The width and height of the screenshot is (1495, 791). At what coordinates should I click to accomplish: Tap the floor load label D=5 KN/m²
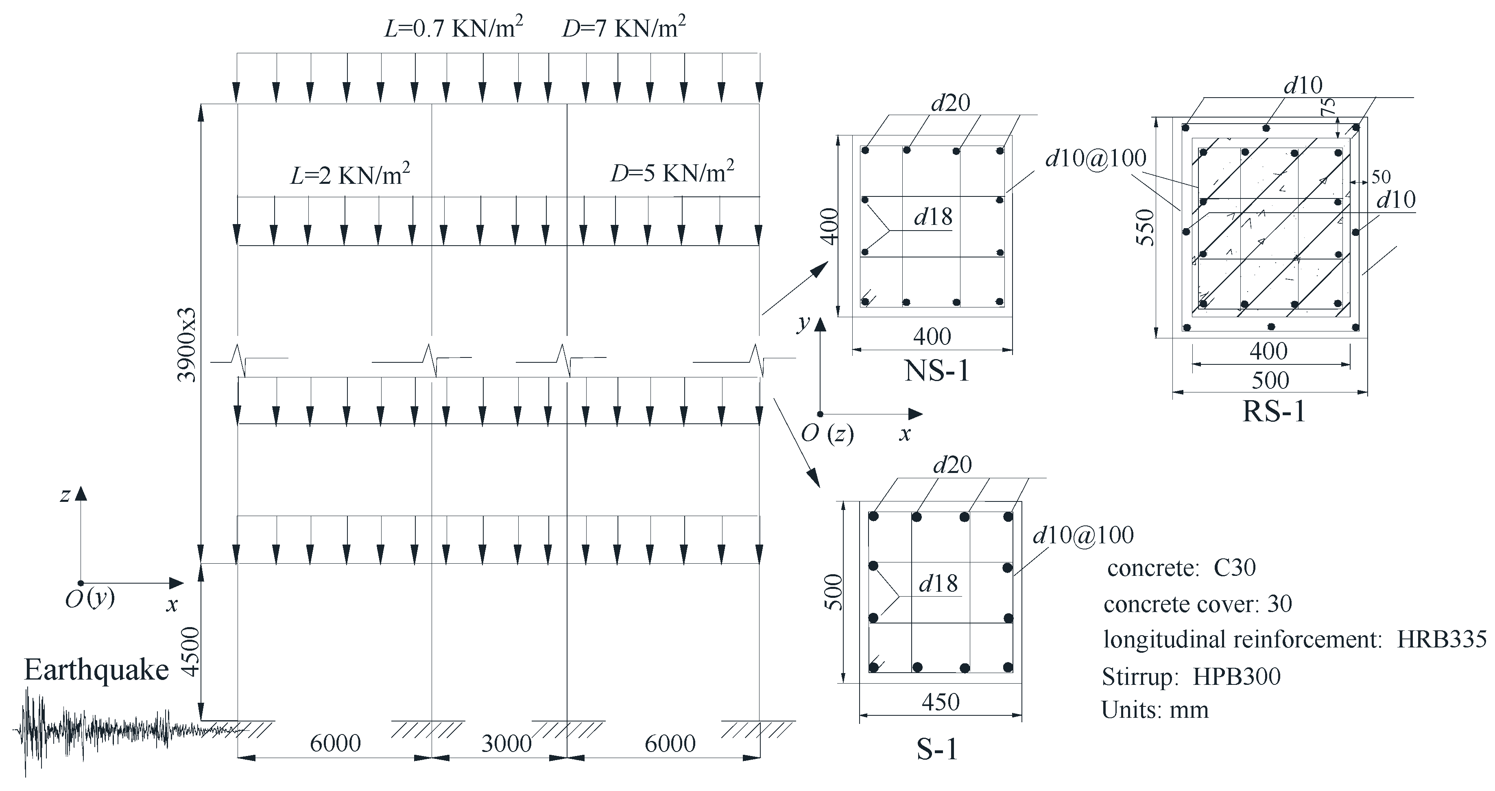pos(672,173)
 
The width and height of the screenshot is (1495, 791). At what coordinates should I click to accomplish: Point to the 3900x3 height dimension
pos(187,345)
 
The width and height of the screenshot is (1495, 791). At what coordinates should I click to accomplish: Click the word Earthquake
pos(96,670)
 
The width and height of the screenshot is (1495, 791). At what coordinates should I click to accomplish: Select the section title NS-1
pos(937,371)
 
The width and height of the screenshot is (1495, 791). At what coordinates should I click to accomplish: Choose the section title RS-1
pos(1273,411)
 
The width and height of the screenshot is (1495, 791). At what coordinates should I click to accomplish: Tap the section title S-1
pos(937,749)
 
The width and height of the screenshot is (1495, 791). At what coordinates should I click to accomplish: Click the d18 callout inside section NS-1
pos(933,217)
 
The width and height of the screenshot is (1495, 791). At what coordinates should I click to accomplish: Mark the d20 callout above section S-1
pos(952,465)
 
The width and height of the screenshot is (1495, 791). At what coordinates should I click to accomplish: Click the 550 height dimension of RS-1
pos(1146,227)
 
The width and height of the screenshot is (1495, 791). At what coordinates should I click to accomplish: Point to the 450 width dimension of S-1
pos(940,702)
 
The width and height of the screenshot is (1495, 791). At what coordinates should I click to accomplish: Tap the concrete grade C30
pos(1234,568)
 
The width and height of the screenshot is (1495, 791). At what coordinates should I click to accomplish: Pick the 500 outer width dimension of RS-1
pos(1270,381)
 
